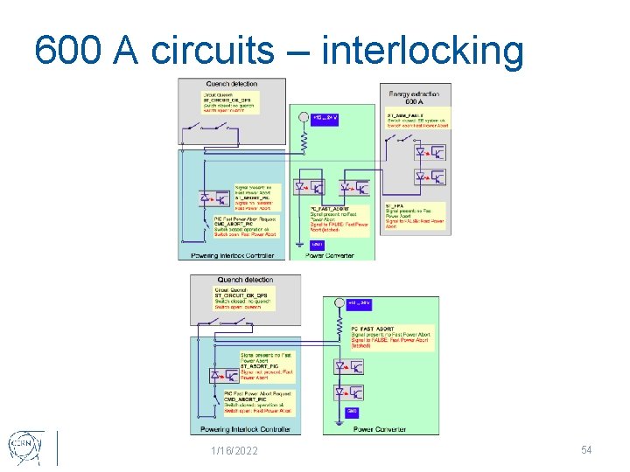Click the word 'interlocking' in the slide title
tap(423, 51)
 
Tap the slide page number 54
tap(587, 449)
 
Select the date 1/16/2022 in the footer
tap(234, 450)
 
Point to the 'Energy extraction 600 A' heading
tap(415, 98)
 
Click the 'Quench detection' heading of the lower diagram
tap(245, 280)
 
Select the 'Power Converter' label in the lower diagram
tap(380, 429)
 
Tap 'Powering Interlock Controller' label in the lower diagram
tap(244, 429)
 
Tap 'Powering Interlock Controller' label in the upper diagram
tap(226, 255)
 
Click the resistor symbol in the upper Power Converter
tap(304, 140)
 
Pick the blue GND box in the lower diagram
tap(352, 410)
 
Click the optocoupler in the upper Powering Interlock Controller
tap(211, 199)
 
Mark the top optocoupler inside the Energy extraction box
tap(429, 152)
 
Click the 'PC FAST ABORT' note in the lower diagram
tap(389, 337)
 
